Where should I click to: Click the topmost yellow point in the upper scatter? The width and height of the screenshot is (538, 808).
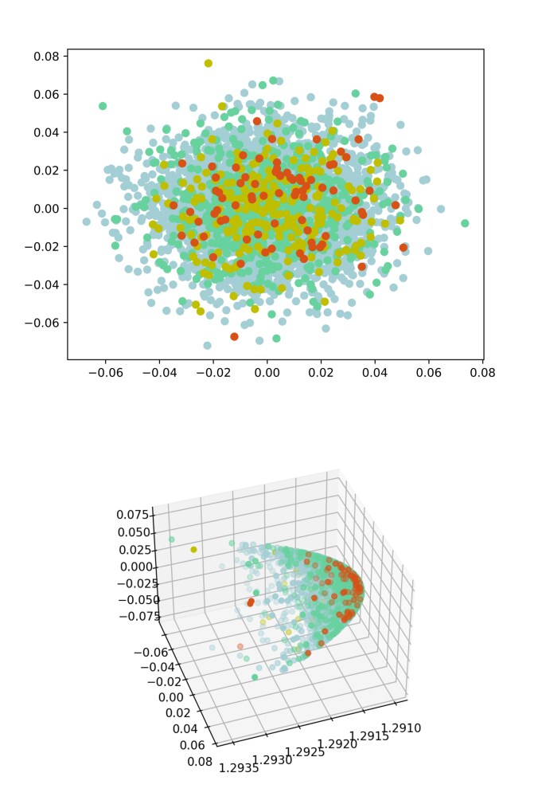click(x=209, y=63)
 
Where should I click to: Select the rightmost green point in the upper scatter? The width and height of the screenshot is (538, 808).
click(x=465, y=223)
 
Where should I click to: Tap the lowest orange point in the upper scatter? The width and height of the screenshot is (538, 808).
click(x=234, y=336)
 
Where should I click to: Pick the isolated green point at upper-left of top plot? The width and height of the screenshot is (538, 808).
click(x=103, y=106)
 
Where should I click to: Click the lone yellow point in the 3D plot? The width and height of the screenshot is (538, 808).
click(x=193, y=549)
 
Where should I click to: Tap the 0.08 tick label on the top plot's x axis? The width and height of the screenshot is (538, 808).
click(x=483, y=372)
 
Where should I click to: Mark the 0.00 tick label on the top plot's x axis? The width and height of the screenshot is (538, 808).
click(x=267, y=372)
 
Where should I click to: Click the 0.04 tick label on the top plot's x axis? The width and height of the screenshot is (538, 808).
click(x=375, y=372)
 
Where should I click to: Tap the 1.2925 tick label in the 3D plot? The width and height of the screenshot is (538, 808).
click(x=306, y=751)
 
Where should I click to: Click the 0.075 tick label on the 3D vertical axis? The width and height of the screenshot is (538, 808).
click(x=131, y=516)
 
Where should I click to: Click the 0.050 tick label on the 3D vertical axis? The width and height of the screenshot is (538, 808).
click(x=131, y=533)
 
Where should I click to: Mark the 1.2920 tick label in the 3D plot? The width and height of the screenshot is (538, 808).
click(x=337, y=743)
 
